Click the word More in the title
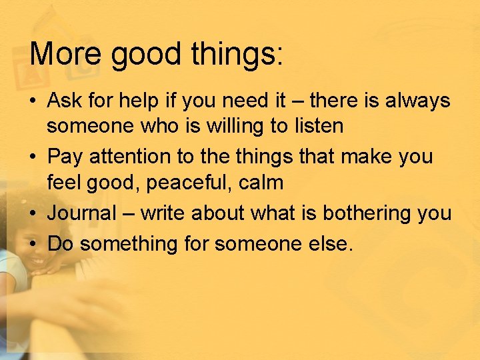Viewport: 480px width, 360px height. pyautogui.click(x=66, y=54)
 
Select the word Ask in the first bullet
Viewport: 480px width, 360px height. pyautogui.click(x=65, y=101)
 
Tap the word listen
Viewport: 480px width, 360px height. pyautogui.click(x=313, y=125)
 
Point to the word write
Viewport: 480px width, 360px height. pyautogui.click(x=163, y=213)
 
